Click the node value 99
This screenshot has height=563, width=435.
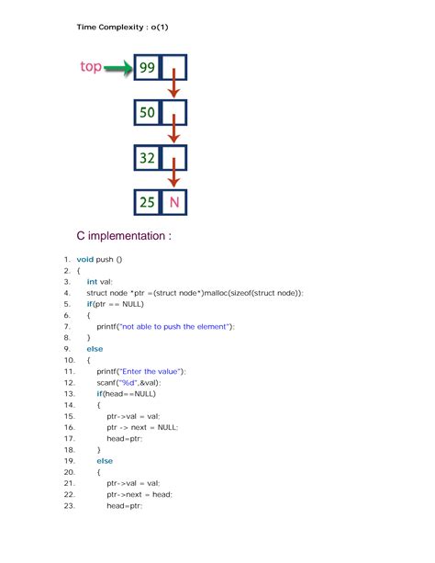148,68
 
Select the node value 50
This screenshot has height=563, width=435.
148,113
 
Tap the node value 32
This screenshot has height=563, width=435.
148,158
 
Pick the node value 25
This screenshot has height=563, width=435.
148,202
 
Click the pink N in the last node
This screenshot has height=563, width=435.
174,202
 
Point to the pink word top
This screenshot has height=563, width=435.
90,67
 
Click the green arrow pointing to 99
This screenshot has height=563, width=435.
117,67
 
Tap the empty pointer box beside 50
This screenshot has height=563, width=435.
174,113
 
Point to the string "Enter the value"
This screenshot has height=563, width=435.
156,371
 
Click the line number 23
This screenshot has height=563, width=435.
69,505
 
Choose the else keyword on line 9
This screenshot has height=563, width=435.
95,349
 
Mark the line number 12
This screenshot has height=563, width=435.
69,382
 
